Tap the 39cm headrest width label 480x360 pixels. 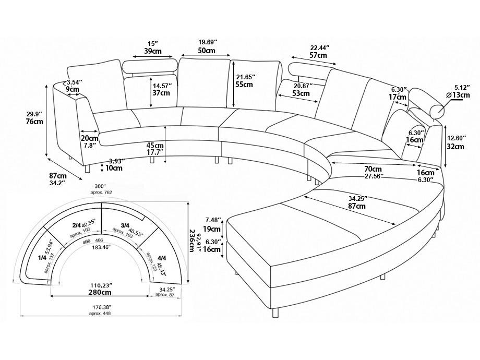pyautogui.click(x=152, y=51)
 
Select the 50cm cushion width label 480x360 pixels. pyautogui.click(x=207, y=51)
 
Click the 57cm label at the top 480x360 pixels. pyautogui.click(x=318, y=55)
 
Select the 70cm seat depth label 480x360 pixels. pyautogui.click(x=373, y=169)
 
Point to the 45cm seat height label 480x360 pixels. pyautogui.click(x=155, y=145)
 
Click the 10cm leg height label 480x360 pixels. pyautogui.click(x=114, y=168)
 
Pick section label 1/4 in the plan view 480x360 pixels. pyautogui.click(x=42, y=257)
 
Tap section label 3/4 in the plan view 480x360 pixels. pyautogui.click(x=125, y=225)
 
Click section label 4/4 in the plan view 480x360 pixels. pyautogui.click(x=162, y=258)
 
